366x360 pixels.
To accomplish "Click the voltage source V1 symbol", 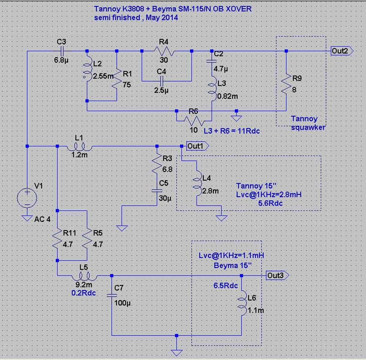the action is click(x=27, y=198).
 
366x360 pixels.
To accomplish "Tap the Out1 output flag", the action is click(x=198, y=146).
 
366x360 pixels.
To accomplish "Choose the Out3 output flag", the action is click(x=278, y=275).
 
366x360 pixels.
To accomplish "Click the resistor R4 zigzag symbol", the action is click(x=164, y=51).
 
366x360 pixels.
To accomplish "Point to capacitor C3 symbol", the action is click(x=62, y=51).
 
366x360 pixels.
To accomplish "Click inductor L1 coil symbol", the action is click(x=79, y=147).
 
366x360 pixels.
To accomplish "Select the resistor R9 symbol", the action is click(x=286, y=84).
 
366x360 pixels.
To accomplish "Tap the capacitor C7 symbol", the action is click(x=112, y=295).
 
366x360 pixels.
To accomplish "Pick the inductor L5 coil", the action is click(x=84, y=276).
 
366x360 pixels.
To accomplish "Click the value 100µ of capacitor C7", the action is click(x=123, y=303).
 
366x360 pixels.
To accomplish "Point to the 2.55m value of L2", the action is click(x=103, y=76).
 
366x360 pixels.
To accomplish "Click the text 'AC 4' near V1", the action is click(x=42, y=219).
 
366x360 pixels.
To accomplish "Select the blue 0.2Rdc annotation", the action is click(x=84, y=293).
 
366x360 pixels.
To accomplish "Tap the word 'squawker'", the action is click(x=308, y=127).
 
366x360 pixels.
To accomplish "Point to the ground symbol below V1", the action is click(x=27, y=218).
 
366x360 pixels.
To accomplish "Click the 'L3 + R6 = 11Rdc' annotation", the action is click(x=231, y=131).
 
